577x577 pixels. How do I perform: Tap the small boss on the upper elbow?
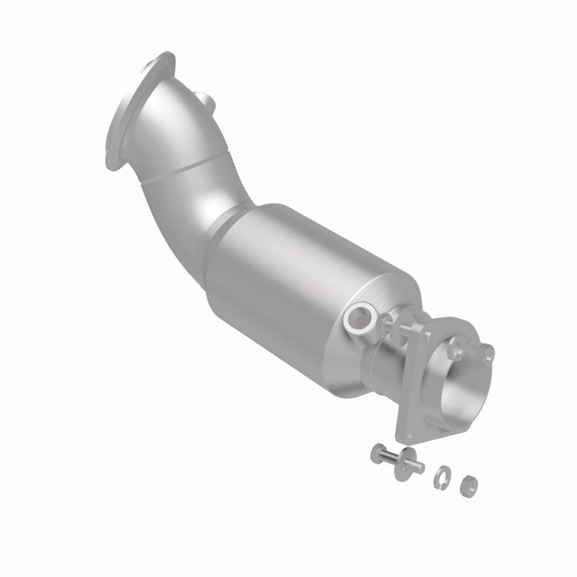coord(208,103)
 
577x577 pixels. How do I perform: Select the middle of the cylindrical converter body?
coord(305,288)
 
